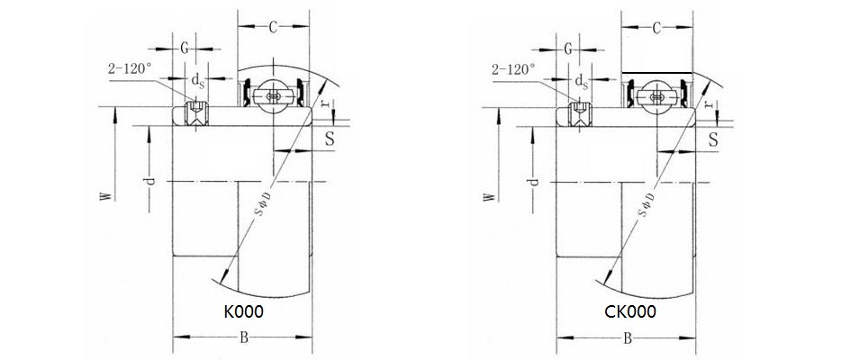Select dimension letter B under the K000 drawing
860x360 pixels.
pyautogui.click(x=242, y=338)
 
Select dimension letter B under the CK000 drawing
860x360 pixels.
pyautogui.click(x=627, y=338)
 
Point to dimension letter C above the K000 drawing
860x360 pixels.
pyautogui.click(x=273, y=27)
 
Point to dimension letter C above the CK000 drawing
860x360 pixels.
pyautogui.click(x=656, y=29)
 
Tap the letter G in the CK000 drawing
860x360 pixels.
pyautogui.click(x=569, y=48)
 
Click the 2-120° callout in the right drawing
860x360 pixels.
pyautogui.click(x=513, y=67)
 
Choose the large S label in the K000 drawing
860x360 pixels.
pyautogui.click(x=330, y=138)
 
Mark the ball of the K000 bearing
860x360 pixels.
pyautogui.click(x=274, y=96)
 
